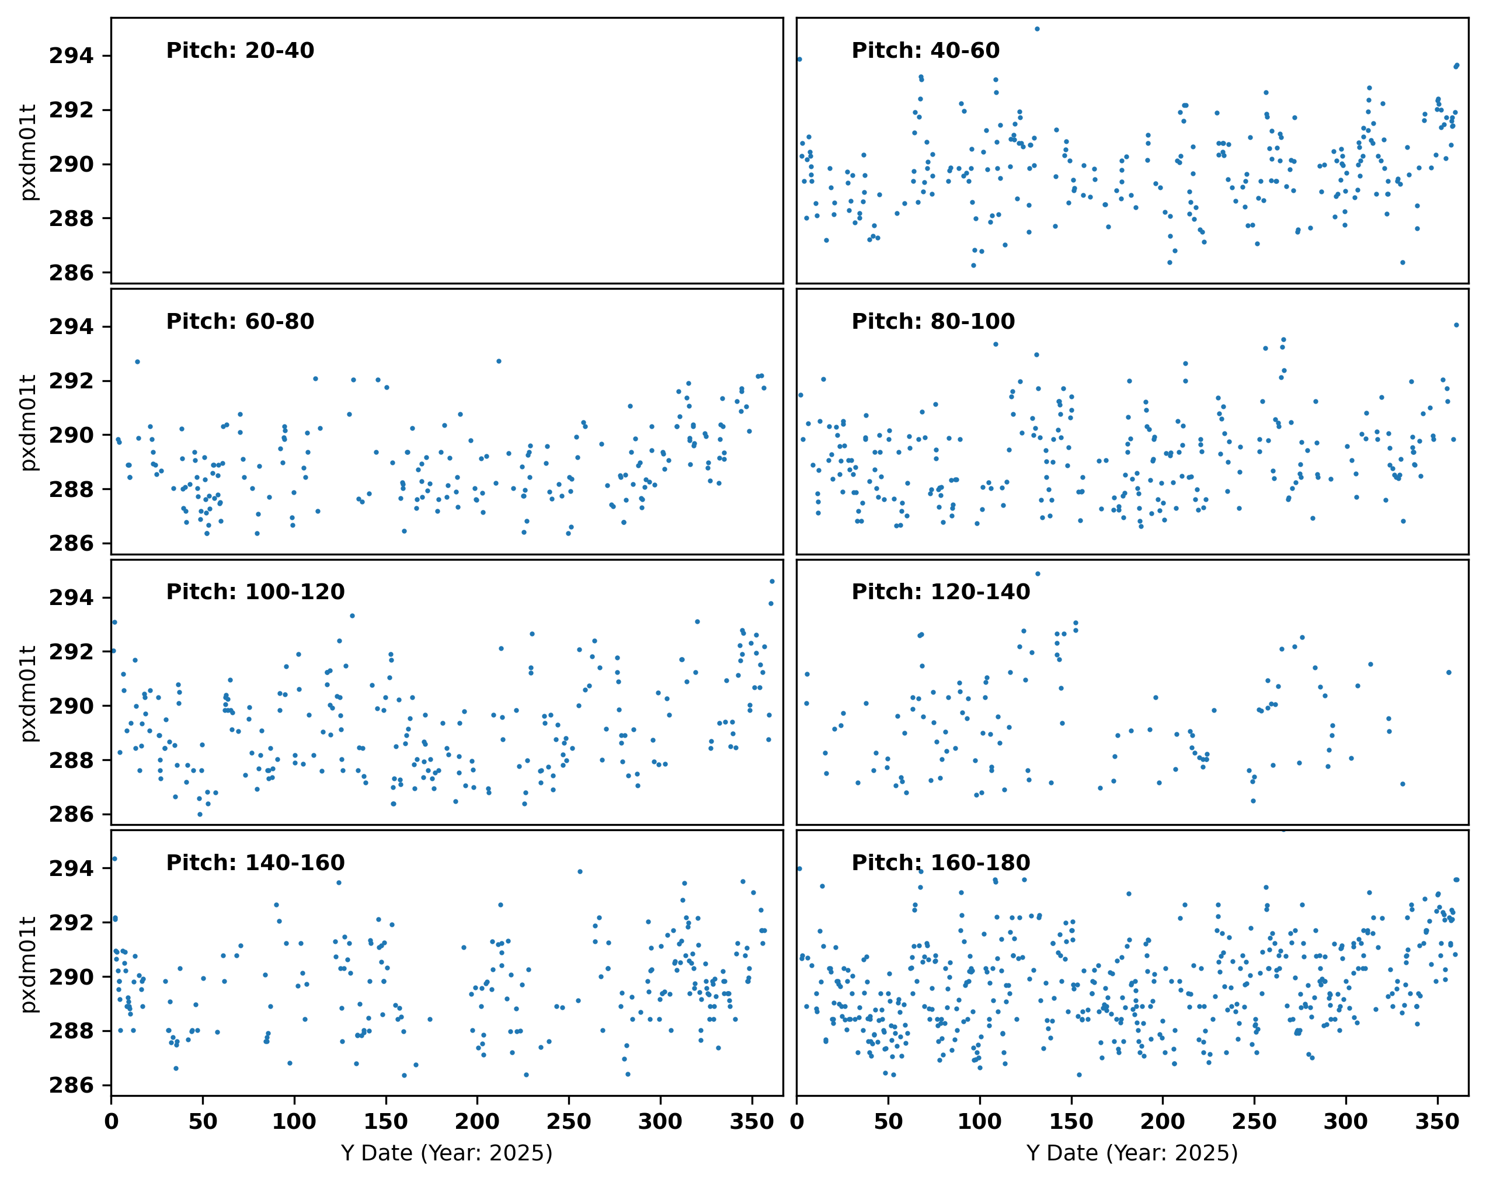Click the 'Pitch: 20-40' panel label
(x=240, y=50)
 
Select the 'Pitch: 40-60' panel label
(x=925, y=50)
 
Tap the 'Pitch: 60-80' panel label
(x=240, y=321)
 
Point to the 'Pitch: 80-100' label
(x=933, y=321)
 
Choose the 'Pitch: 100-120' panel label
(x=255, y=592)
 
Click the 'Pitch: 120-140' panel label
(x=941, y=592)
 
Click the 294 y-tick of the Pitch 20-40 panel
(x=71, y=56)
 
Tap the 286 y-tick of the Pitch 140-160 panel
(x=71, y=1086)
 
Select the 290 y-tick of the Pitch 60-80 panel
(x=71, y=436)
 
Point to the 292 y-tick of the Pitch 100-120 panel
(x=71, y=652)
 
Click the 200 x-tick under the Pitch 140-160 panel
(x=477, y=1122)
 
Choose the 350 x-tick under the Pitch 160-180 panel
(x=1437, y=1122)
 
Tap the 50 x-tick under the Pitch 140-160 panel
(x=203, y=1122)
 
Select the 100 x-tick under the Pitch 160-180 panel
(x=979, y=1122)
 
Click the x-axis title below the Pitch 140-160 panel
(x=447, y=1153)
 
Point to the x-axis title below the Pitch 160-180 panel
(x=1132, y=1153)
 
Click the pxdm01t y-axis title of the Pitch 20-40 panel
(x=27, y=152)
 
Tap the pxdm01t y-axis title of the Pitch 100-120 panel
(x=27, y=693)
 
